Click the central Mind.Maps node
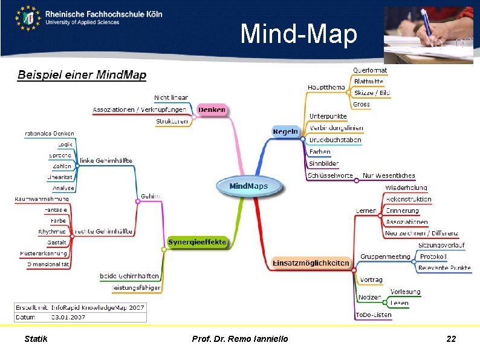[248, 186]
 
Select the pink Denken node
[211, 110]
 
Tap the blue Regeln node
[285, 131]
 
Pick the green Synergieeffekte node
[197, 242]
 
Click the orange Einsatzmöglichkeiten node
[311, 263]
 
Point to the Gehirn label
[151, 196]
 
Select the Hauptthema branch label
[326, 87]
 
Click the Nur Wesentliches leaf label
[389, 175]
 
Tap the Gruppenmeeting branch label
[385, 257]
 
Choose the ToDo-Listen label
[374, 315]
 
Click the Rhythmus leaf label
[52, 231]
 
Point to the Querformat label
[370, 70]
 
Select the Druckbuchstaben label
[335, 140]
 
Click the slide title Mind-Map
[299, 34]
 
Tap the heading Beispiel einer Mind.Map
[82, 76]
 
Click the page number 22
[451, 339]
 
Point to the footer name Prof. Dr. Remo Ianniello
[240, 339]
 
